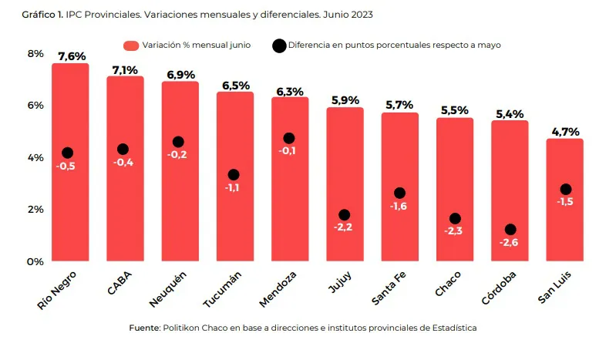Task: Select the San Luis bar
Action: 565,231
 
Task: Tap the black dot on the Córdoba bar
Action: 510,230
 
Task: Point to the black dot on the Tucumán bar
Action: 234,175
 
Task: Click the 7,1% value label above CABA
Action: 125,70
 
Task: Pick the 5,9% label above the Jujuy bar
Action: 345,100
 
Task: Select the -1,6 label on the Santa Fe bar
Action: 399,207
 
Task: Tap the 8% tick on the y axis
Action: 35,53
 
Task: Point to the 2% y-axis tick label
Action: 35,210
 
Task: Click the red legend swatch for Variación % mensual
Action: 131,45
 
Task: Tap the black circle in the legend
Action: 279,45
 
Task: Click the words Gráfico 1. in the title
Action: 43,15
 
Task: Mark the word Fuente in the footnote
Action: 144,328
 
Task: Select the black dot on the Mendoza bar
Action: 289,138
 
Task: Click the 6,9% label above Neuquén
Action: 180,75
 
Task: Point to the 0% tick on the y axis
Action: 35,262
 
